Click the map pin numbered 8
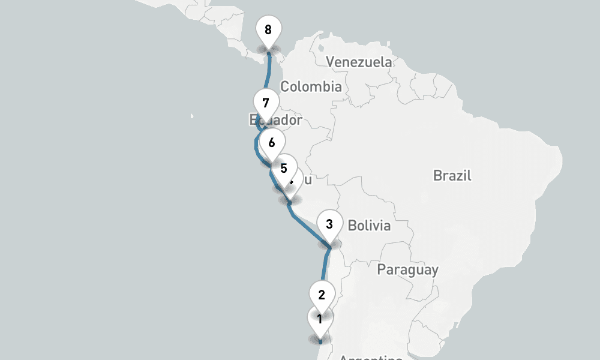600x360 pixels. pos(268,30)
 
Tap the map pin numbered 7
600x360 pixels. pos(266,103)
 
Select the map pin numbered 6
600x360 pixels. pos(272,143)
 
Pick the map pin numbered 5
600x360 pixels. pos(284,169)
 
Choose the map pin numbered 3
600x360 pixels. pos(329,225)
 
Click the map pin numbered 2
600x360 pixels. pos(322,295)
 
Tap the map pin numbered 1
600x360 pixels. pos(320,319)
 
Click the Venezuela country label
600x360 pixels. pos(359,62)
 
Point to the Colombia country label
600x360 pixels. pos(311,86)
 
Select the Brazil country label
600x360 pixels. pos(452,176)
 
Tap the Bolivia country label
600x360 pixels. pos(369,226)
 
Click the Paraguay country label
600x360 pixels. pos(407,270)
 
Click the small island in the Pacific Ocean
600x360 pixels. pos(192,115)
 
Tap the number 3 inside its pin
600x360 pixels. pos(329,224)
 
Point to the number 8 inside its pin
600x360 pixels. pos(268,29)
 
